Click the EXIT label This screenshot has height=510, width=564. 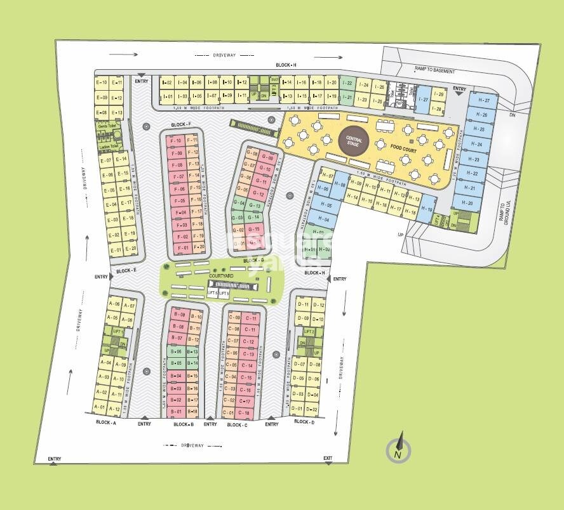[x=328, y=458]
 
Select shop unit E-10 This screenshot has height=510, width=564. [x=100, y=82]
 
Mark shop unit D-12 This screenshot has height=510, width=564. [x=319, y=305]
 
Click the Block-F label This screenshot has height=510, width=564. [x=181, y=124]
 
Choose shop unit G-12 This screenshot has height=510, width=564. [x=258, y=193]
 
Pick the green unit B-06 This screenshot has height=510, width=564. [x=177, y=351]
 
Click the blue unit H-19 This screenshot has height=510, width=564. [x=427, y=210]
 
